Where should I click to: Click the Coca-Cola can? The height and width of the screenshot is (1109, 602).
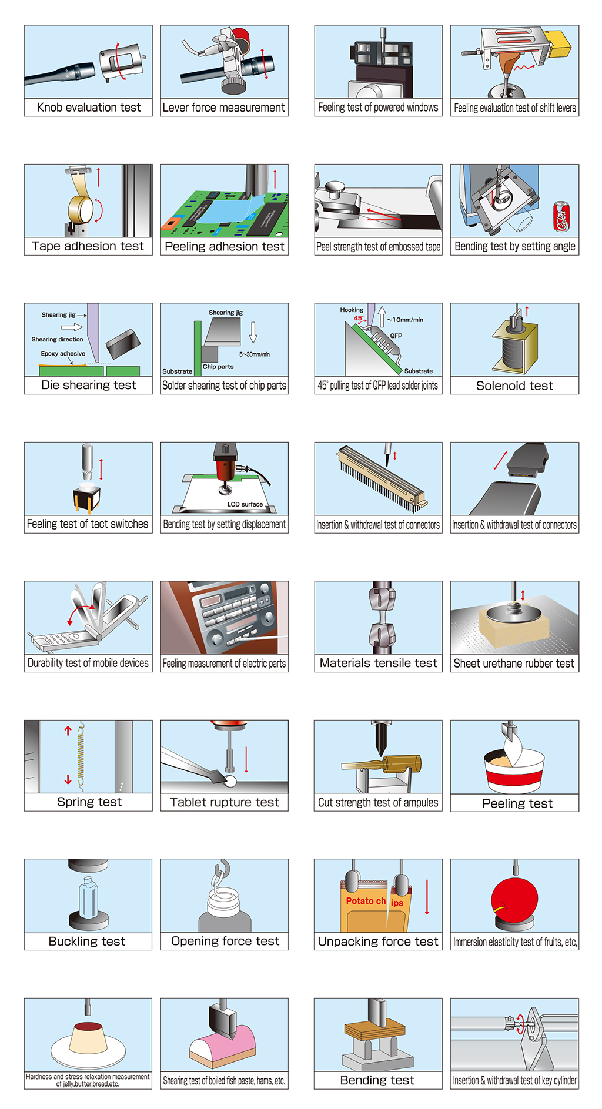pyautogui.click(x=561, y=216)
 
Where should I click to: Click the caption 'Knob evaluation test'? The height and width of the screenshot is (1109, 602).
pyautogui.click(x=89, y=108)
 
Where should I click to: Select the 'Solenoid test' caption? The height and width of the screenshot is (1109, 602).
pyautogui.click(x=514, y=386)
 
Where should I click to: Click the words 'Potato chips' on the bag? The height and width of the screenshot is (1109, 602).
pyautogui.click(x=374, y=902)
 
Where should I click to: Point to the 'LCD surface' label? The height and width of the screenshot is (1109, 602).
pyautogui.click(x=245, y=504)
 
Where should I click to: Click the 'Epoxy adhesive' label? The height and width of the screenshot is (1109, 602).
pyautogui.click(x=63, y=354)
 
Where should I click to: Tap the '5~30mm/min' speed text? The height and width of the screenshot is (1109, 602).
pyautogui.click(x=255, y=354)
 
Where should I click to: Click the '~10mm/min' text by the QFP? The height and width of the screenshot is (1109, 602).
pyautogui.click(x=405, y=320)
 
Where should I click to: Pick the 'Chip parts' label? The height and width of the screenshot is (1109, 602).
pyautogui.click(x=218, y=367)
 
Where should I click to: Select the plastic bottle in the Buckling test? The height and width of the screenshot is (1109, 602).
pyautogui.click(x=88, y=897)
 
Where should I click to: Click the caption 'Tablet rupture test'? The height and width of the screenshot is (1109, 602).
pyautogui.click(x=225, y=802)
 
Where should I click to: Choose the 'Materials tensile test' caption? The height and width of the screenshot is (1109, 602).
pyautogui.click(x=379, y=664)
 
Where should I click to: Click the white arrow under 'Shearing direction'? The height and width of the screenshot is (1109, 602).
pyautogui.click(x=72, y=327)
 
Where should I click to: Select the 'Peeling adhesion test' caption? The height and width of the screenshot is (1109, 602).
pyautogui.click(x=225, y=247)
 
